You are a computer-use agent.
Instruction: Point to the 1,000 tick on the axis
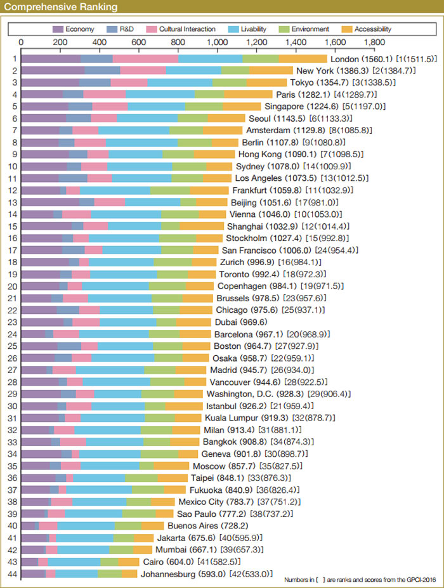tap(217, 42)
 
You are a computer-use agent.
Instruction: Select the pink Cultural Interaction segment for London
tap(145, 58)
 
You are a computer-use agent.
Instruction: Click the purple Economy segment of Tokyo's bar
tap(50, 82)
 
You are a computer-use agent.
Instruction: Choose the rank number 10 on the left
tap(13, 166)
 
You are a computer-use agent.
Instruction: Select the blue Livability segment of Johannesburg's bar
tap(77, 573)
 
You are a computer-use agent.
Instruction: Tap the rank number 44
tap(13, 573)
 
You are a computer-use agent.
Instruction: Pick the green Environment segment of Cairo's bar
tap(109, 561)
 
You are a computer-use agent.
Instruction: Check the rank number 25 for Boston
tap(13, 346)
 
